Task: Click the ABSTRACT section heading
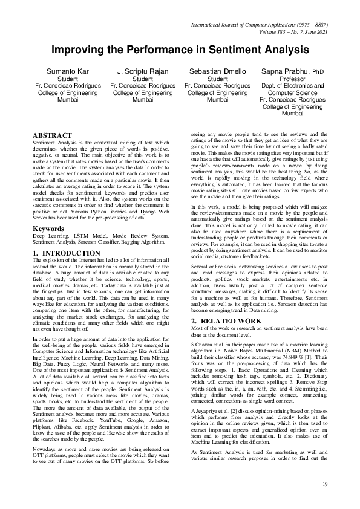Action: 52,135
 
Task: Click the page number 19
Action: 325,484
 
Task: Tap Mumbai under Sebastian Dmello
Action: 217,99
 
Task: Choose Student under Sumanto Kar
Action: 67,79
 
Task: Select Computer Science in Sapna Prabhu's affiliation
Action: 293,92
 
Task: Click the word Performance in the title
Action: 151,50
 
